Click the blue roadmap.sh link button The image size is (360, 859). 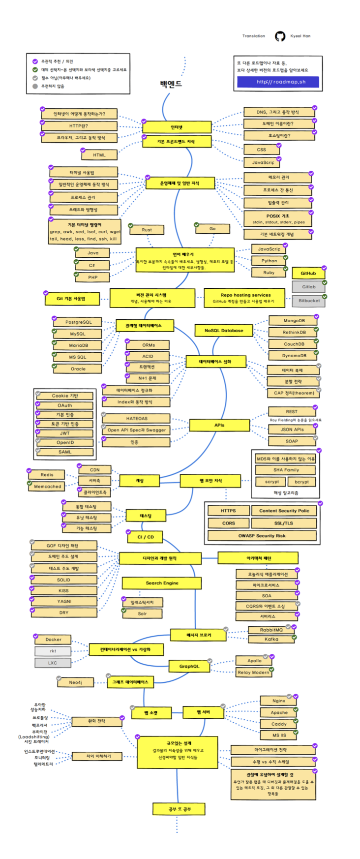278,82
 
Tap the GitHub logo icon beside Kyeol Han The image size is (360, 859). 280,36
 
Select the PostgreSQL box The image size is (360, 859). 78,322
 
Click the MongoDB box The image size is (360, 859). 294,321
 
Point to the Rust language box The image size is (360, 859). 147,230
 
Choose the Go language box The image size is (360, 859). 212,229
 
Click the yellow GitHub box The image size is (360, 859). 308,274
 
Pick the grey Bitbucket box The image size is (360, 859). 308,301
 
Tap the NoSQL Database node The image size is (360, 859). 224,331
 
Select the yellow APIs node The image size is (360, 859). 219,425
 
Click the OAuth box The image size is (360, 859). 64,406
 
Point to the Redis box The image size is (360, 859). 47,475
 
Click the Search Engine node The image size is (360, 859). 162,583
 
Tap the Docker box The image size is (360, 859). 53,640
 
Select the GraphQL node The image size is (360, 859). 189,666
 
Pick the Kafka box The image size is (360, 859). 271,640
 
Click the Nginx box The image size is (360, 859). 278,701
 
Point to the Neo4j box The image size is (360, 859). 75,682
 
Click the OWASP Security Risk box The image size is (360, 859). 262,536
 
